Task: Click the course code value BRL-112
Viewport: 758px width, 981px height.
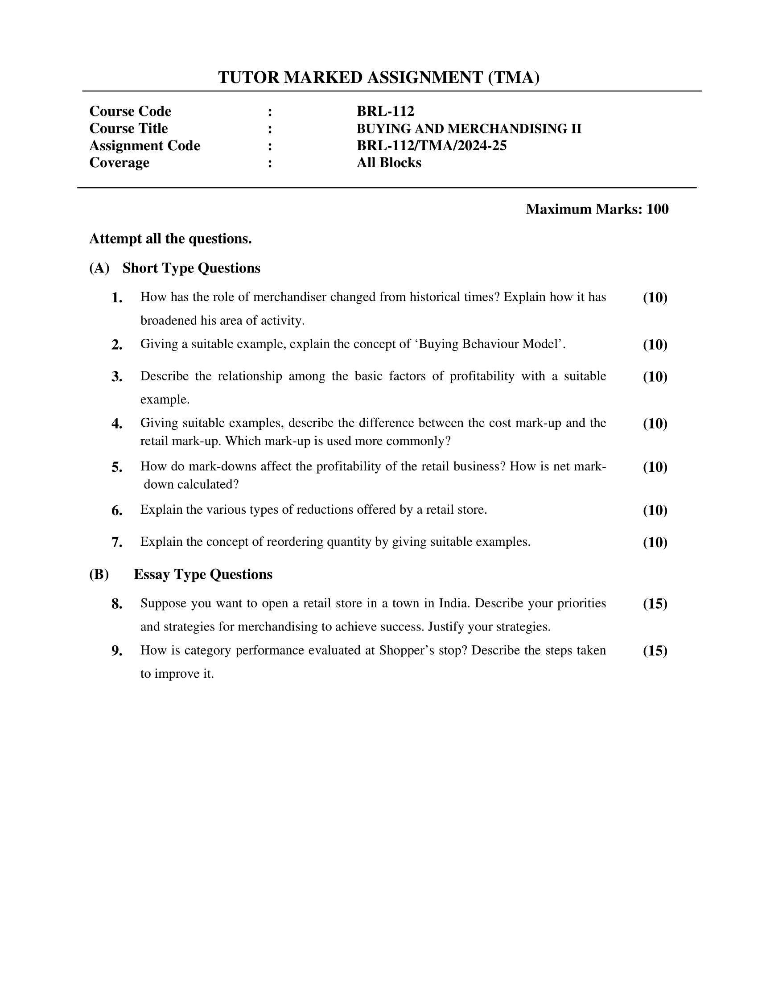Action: tap(385, 111)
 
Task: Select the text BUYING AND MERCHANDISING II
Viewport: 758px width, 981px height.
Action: tap(469, 128)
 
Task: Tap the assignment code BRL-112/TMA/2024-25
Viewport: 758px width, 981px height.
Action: tap(432, 145)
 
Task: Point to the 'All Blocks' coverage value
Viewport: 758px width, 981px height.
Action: tap(389, 163)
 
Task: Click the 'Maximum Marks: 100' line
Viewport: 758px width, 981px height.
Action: tap(597, 209)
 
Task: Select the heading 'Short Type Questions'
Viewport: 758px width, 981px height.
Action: tap(191, 268)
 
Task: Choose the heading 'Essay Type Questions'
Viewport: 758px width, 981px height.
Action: tap(203, 574)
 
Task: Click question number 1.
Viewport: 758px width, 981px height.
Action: tap(117, 298)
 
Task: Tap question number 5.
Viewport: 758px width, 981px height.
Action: tap(117, 467)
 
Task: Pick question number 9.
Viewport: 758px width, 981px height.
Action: tap(117, 651)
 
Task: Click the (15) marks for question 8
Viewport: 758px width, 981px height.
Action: tap(655, 604)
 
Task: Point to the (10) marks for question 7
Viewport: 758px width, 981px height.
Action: tap(655, 542)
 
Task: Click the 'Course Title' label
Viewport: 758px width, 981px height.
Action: tap(128, 128)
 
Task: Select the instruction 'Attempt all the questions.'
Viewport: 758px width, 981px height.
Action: tap(170, 239)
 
